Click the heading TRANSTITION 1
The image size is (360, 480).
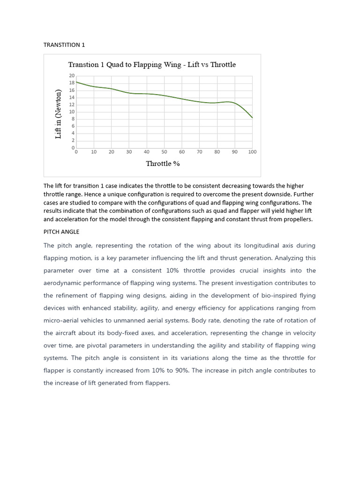point(64,45)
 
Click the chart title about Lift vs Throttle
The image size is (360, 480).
point(152,65)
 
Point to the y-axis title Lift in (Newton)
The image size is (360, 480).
point(59,113)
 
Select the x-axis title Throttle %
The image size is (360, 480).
point(163,164)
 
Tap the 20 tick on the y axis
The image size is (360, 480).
point(72,76)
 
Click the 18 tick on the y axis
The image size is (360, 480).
point(72,83)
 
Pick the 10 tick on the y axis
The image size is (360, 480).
point(72,112)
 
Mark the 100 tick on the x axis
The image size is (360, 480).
point(252,152)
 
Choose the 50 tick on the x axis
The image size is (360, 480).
point(164,152)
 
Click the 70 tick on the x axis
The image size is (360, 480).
point(199,152)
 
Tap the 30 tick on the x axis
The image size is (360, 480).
point(129,152)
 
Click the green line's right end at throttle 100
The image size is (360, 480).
point(252,118)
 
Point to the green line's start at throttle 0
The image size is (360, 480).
point(76,82)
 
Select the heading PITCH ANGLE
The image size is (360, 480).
point(61,232)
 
